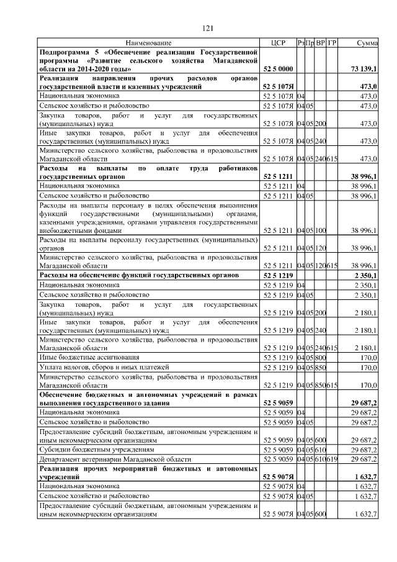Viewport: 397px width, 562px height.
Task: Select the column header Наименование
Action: [148, 43]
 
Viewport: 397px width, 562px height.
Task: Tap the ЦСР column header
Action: [278, 43]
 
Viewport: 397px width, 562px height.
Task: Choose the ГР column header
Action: [332, 43]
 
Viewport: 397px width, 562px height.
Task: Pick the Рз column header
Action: [301, 43]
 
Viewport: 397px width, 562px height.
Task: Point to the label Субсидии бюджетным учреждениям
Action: [96, 448]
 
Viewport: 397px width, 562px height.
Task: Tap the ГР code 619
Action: [332, 459]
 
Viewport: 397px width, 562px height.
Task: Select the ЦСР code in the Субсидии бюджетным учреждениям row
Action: [278, 448]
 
